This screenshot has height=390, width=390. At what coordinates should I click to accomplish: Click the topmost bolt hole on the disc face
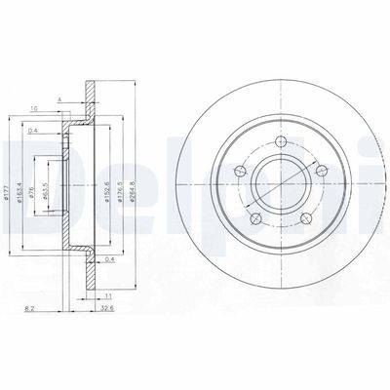point(283,142)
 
